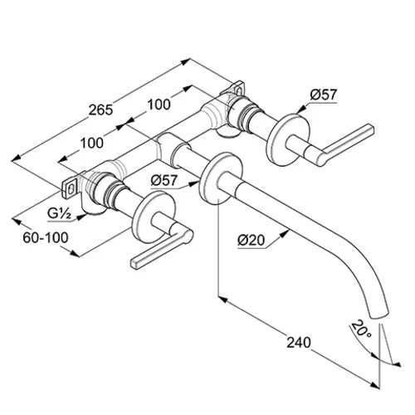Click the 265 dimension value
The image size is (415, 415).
point(100,110)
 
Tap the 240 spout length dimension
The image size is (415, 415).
point(299,343)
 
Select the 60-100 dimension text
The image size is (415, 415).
point(46,237)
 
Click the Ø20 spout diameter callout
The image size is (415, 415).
point(251,240)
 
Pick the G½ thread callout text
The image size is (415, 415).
point(60,213)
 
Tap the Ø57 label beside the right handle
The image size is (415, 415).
point(324,95)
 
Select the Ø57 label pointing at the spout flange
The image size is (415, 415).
point(164,181)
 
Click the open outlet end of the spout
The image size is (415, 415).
point(378,315)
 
